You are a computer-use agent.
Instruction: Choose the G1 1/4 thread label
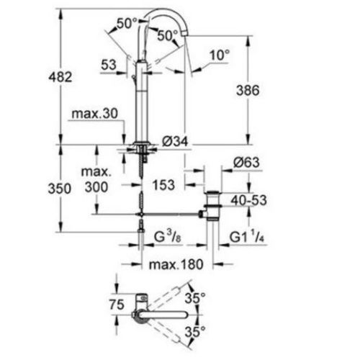[x=247, y=235]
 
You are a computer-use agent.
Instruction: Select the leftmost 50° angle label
[x=127, y=23]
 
